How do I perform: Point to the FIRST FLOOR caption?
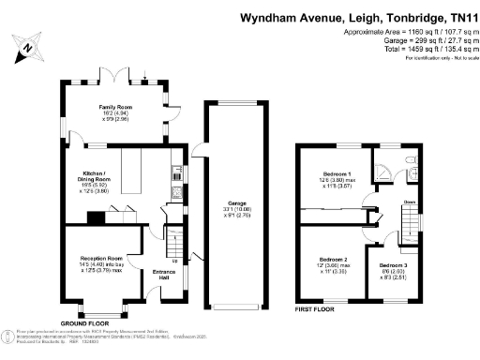click(319, 307)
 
